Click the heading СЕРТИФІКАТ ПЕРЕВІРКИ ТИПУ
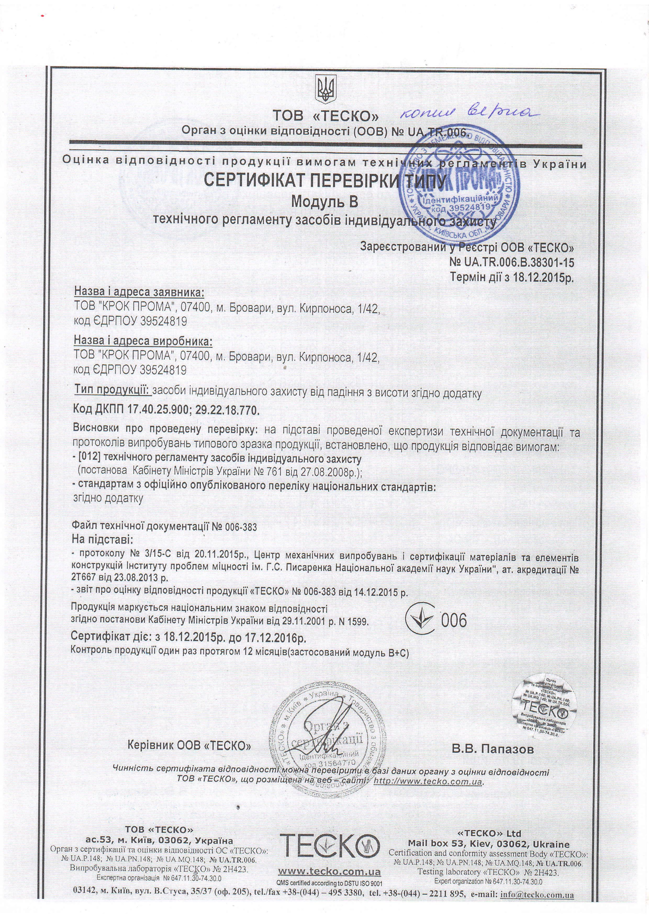point(324,180)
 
